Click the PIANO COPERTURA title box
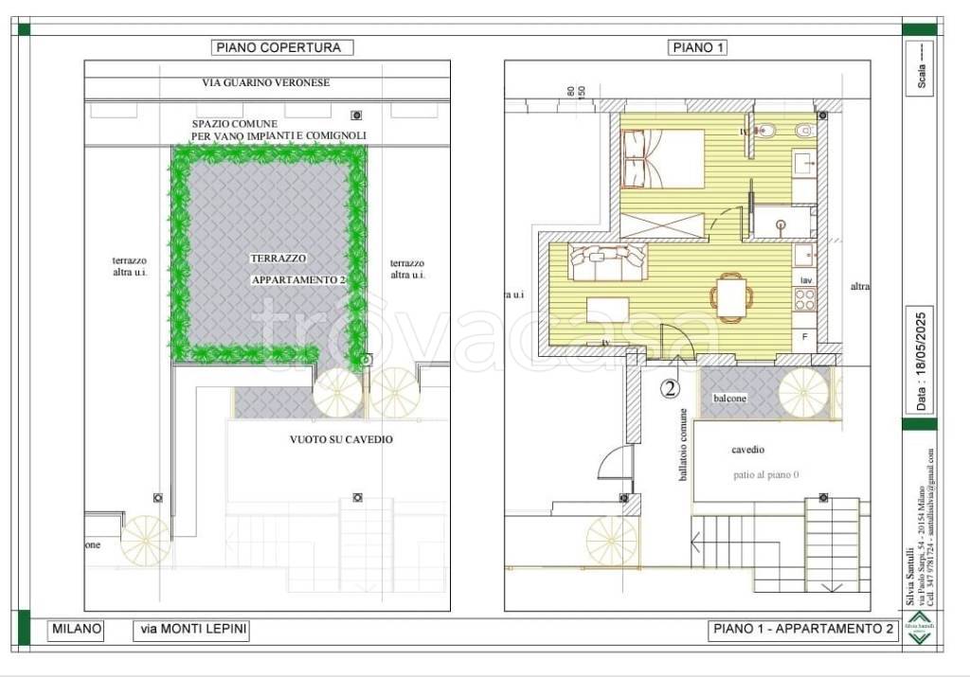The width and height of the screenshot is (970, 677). click(x=281, y=47)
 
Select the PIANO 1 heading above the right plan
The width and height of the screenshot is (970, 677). click(x=697, y=47)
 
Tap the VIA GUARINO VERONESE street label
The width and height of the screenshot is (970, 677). click(x=266, y=83)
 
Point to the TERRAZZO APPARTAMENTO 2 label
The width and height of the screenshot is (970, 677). click(x=296, y=269)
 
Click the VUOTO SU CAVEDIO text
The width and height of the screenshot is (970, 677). click(x=341, y=439)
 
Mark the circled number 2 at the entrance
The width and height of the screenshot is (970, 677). click(x=670, y=387)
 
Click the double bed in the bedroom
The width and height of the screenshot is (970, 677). click(x=662, y=158)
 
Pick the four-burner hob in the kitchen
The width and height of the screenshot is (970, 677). click(x=805, y=300)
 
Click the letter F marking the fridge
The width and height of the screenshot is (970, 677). click(x=805, y=337)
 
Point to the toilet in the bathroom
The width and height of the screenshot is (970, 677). click(x=770, y=130)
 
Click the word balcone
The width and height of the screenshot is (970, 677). click(x=728, y=399)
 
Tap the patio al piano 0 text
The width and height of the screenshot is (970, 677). click(x=764, y=474)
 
